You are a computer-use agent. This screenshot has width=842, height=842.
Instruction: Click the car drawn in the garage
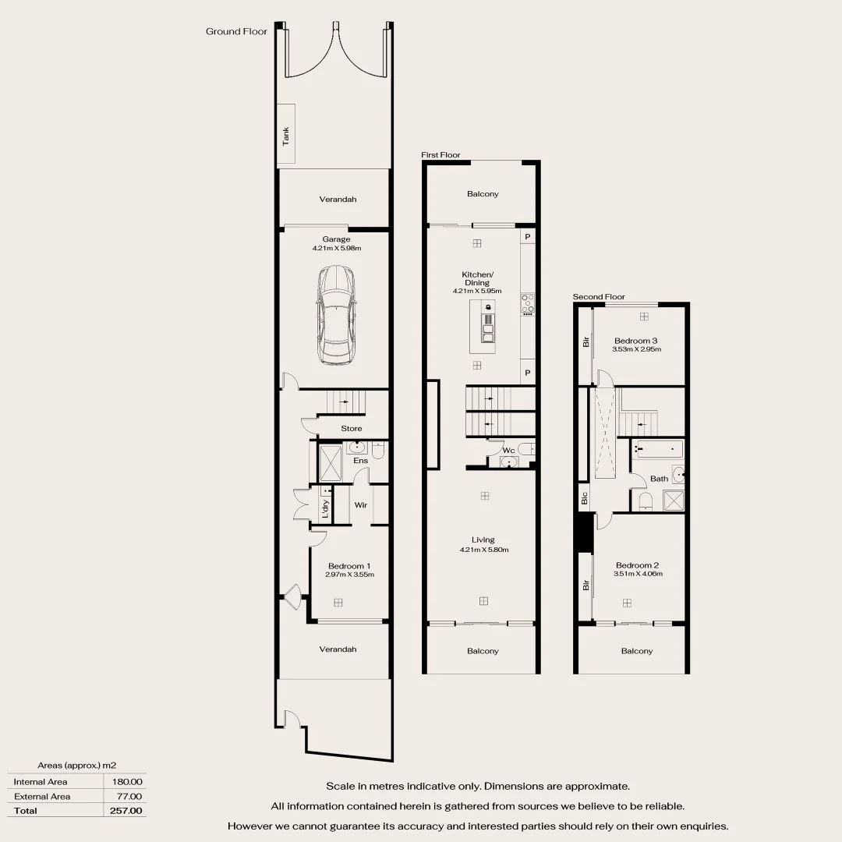click(336, 315)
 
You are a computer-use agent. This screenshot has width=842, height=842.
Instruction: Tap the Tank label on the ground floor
click(286, 136)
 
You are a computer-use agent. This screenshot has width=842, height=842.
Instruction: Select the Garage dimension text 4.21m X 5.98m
click(337, 248)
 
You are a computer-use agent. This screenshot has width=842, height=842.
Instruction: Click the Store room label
click(351, 429)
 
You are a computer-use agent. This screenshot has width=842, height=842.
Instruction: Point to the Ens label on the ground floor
click(360, 461)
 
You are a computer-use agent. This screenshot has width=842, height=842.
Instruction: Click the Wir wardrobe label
click(360, 505)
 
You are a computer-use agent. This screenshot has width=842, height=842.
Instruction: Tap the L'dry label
click(325, 509)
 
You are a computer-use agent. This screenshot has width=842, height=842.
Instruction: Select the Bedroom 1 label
click(348, 566)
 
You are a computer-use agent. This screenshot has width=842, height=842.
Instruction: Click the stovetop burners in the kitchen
click(528, 302)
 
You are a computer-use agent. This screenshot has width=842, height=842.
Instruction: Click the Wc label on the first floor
click(508, 451)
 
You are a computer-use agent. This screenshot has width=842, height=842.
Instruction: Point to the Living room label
click(483, 540)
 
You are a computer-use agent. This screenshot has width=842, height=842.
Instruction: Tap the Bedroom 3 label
click(636, 341)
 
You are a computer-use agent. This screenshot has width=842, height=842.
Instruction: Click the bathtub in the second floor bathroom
click(659, 449)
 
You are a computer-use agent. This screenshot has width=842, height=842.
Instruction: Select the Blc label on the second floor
click(583, 497)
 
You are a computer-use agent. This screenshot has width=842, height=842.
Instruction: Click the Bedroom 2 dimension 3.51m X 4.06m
click(638, 574)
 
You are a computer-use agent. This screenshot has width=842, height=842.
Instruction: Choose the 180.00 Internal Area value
click(127, 781)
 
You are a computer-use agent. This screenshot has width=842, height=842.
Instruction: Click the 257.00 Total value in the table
click(127, 811)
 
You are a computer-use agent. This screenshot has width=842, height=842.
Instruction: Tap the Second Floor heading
click(599, 297)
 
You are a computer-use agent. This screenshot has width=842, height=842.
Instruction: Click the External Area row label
click(42, 796)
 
